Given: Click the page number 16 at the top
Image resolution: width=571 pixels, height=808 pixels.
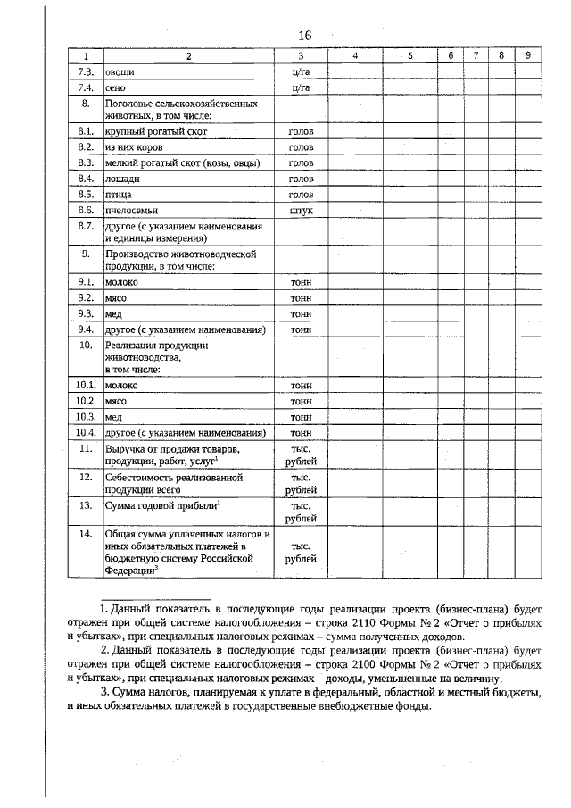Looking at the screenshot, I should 305,35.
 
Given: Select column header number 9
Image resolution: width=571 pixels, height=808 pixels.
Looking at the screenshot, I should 529,55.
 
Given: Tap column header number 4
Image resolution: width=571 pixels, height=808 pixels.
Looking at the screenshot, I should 355,55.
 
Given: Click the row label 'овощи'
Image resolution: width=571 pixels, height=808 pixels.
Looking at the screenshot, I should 120,71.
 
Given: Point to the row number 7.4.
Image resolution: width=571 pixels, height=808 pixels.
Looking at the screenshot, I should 86,87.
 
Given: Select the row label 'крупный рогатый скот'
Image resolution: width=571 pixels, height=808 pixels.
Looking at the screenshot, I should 155,131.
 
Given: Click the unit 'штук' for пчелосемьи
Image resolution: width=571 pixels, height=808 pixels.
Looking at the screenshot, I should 301,210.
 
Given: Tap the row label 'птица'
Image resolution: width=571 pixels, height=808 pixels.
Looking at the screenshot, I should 118,194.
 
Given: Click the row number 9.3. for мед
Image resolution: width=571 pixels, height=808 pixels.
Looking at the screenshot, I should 86,313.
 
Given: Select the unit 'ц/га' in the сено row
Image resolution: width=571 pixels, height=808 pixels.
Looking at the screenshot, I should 301,87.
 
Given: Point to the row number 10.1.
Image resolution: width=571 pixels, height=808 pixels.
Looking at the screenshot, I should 86,385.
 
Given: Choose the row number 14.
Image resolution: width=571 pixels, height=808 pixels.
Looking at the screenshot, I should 86,534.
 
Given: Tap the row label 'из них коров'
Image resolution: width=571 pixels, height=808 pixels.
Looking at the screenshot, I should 133,146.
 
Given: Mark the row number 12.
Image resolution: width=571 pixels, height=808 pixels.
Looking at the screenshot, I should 86,477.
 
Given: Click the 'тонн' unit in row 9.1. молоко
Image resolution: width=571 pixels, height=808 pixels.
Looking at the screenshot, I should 301,282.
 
